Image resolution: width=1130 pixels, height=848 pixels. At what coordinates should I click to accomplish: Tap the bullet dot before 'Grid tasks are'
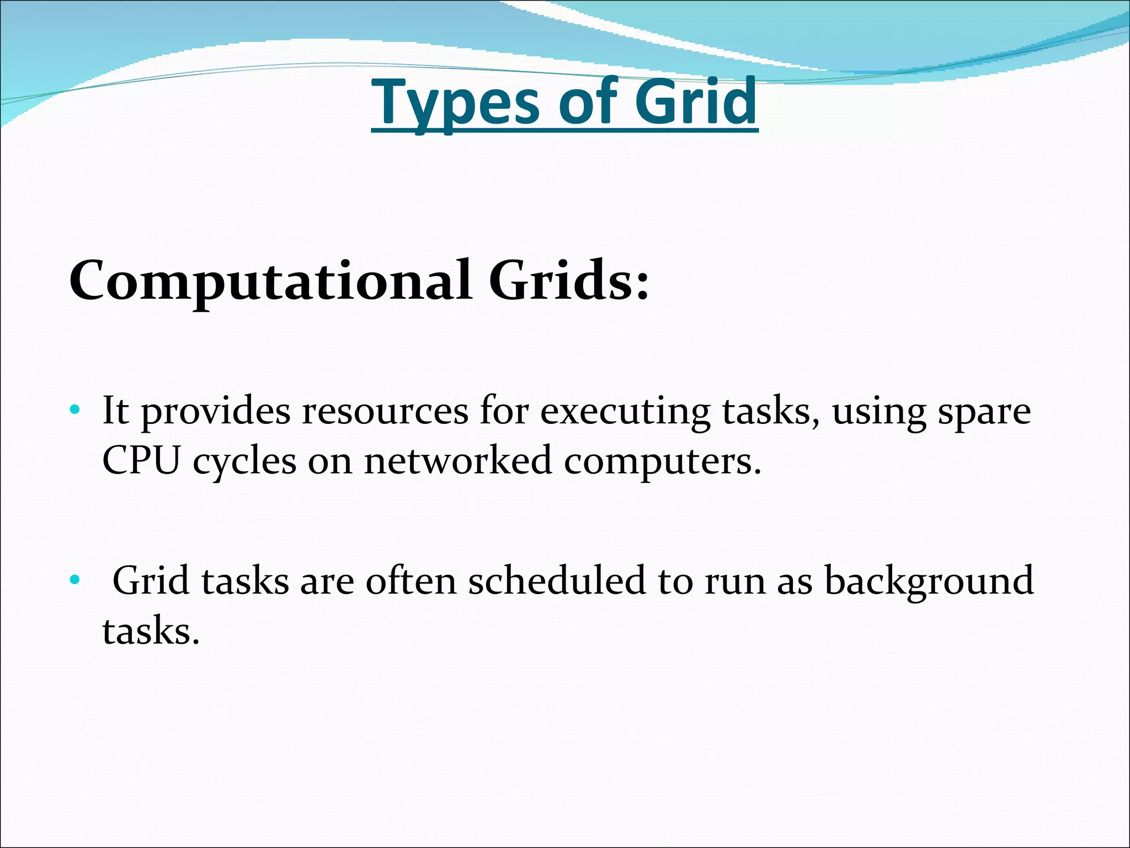tap(74, 580)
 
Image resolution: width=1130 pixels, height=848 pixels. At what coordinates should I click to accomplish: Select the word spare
tap(984, 412)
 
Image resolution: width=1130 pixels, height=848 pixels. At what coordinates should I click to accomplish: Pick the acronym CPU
tap(141, 460)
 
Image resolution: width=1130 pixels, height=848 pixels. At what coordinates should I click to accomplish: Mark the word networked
tap(458, 460)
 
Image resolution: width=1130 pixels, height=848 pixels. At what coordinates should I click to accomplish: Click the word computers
tap(662, 462)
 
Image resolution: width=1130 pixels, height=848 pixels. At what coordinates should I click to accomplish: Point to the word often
tap(411, 581)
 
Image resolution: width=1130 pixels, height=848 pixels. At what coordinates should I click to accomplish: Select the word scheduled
tap(557, 581)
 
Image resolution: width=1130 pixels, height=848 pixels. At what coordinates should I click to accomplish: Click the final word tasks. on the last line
tap(150, 630)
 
